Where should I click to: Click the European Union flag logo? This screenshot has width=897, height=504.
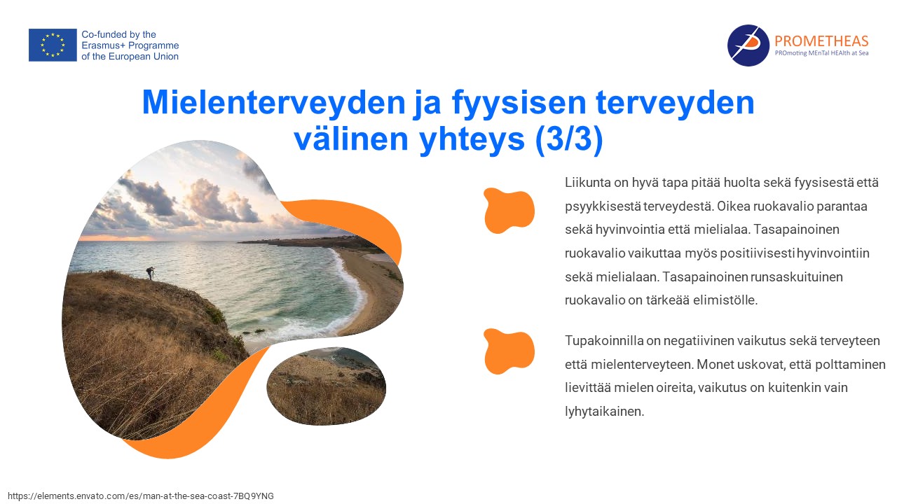[53, 45]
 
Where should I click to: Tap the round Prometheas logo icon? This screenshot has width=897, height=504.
[748, 45]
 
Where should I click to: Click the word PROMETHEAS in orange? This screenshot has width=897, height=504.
[821, 41]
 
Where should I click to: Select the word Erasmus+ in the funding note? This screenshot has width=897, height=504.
[103, 45]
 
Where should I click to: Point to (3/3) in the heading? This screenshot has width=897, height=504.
[568, 139]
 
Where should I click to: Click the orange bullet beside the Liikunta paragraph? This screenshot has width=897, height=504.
[509, 211]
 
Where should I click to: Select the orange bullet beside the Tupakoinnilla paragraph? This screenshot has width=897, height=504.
[509, 351]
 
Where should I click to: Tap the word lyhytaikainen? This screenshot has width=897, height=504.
[604, 412]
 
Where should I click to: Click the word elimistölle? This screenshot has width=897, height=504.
[725, 300]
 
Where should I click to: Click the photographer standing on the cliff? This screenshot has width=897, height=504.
[151, 273]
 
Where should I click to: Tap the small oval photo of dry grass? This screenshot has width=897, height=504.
[327, 386]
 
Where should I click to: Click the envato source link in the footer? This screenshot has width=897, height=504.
[141, 496]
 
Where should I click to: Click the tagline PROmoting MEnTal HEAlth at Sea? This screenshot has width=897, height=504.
[821, 53]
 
